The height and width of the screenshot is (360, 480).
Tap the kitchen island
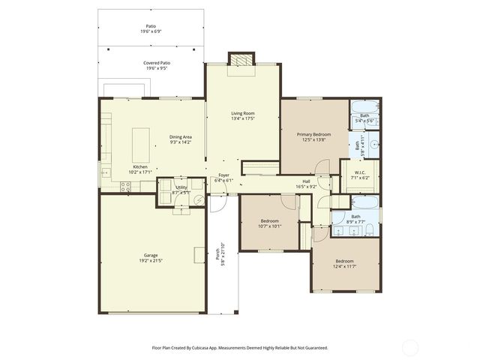(140, 140)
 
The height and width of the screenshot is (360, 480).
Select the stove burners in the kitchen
(125, 187)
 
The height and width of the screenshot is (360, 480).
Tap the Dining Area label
(181, 136)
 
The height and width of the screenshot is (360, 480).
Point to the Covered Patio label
(157, 63)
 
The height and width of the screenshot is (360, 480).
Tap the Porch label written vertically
(218, 259)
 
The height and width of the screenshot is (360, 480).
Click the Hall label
(306, 181)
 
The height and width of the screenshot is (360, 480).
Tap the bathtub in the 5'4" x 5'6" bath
(364, 106)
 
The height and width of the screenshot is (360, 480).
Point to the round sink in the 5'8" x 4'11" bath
(373, 141)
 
